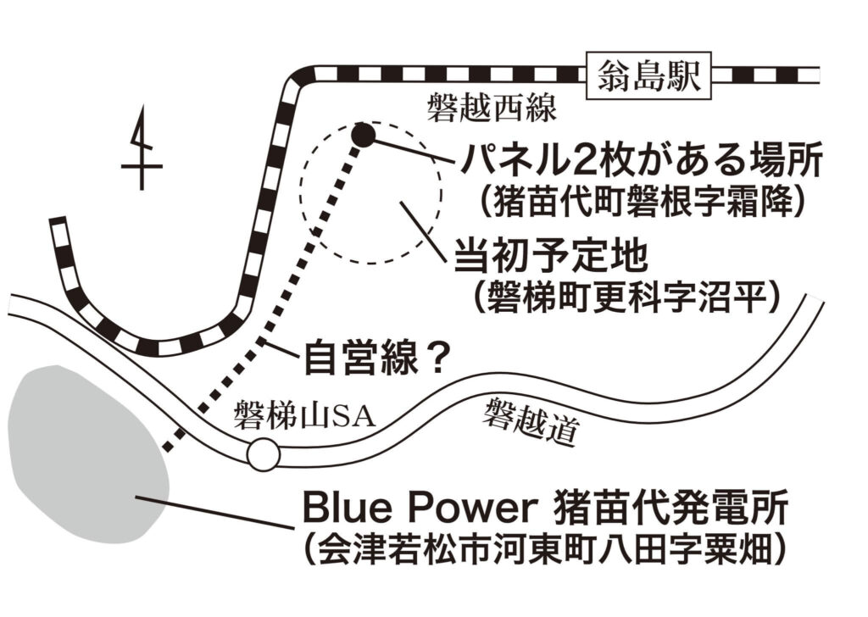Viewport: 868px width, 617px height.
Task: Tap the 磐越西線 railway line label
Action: [x=491, y=108]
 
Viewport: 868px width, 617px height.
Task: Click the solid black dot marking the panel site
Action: [x=362, y=133]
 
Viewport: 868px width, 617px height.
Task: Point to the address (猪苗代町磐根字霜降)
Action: [x=640, y=202]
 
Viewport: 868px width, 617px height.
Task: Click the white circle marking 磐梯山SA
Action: [x=263, y=455]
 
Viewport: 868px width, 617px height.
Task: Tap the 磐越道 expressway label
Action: [x=531, y=422]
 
